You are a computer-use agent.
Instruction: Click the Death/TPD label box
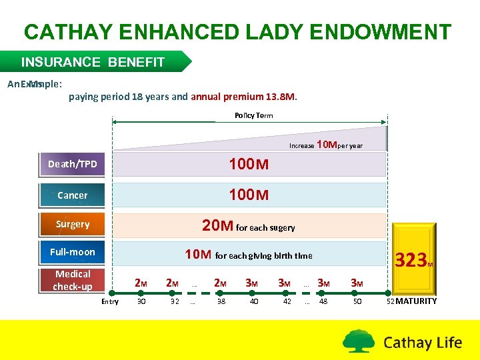click(72, 164)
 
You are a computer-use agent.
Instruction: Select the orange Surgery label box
click(72, 224)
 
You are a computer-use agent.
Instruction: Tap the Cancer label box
click(72, 195)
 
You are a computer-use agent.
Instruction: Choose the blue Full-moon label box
click(72, 252)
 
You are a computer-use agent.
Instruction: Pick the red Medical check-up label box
click(73, 280)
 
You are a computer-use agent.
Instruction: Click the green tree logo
click(359, 341)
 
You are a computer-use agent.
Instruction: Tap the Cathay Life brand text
click(423, 343)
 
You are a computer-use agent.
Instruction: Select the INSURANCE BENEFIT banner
click(93, 62)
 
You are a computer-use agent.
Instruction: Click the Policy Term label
click(253, 115)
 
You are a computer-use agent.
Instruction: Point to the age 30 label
click(141, 301)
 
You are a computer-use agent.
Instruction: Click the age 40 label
click(253, 301)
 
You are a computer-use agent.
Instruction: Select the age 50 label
click(357, 301)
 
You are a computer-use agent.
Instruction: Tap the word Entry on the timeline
click(109, 302)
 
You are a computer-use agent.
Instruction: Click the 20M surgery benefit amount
click(217, 226)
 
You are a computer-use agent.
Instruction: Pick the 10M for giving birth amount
click(198, 254)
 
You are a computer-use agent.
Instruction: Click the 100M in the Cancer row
click(248, 195)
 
